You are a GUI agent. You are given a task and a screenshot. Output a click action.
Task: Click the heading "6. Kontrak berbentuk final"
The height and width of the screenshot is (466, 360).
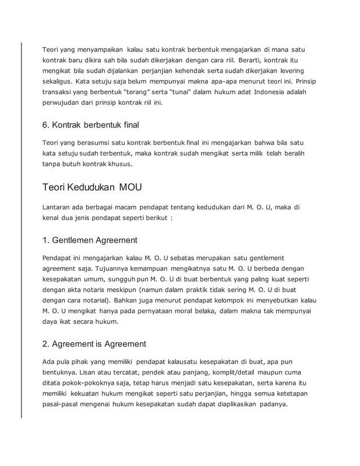[90, 124]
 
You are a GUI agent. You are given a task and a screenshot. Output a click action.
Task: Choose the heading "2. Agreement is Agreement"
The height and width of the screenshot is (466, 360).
[94, 344]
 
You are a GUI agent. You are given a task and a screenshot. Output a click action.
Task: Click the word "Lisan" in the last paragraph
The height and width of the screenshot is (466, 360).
[93, 373]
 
